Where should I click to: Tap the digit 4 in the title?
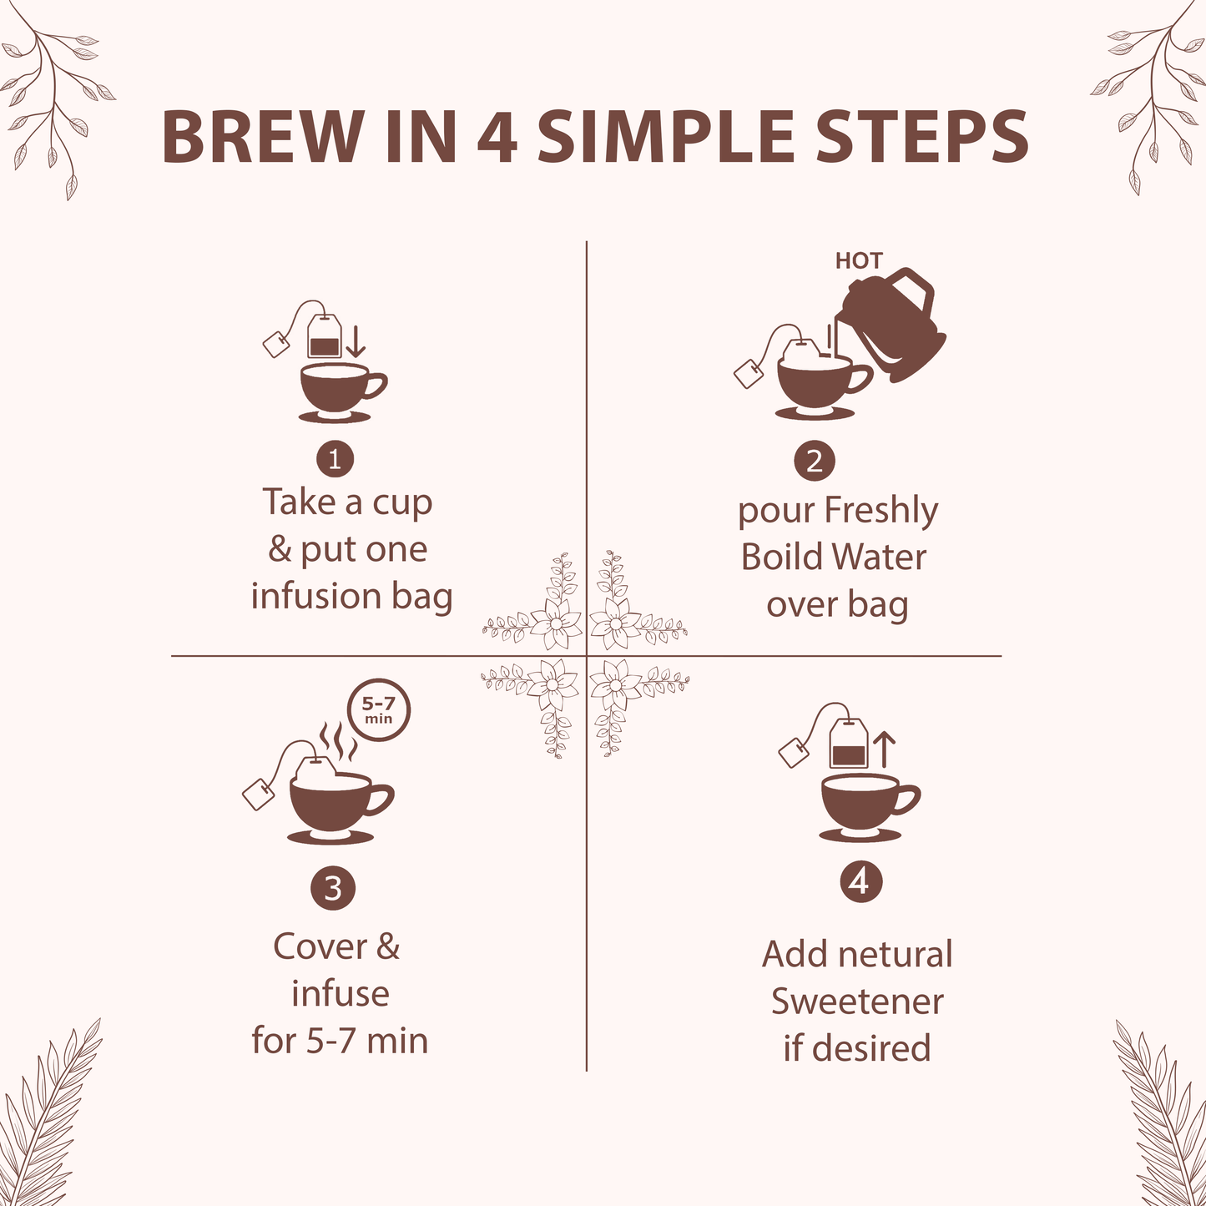497,137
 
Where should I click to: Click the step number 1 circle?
335,459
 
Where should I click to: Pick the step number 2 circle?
815,460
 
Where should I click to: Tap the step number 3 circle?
333,889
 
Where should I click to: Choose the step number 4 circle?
860,881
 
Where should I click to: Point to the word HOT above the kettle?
858,261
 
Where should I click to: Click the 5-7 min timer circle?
379,710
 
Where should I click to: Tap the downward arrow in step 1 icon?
356,342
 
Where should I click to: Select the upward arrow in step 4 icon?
884,749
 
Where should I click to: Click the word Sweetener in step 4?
857,1002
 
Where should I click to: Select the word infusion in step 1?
316,596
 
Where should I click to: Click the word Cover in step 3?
320,947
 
